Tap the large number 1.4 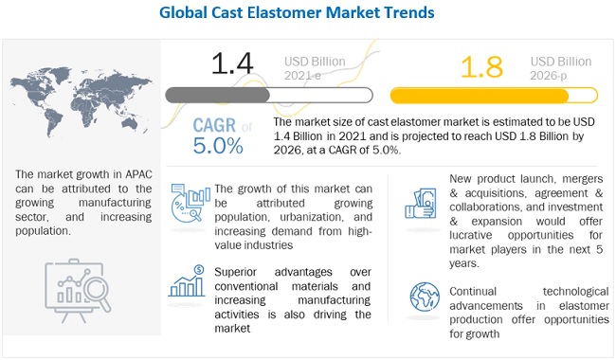click(232, 64)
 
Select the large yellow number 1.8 click(481, 67)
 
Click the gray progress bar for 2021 click(269, 96)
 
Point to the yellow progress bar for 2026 click(494, 96)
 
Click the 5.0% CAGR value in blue click(218, 146)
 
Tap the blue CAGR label click(214, 125)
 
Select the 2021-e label click(302, 75)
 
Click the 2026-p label click(549, 75)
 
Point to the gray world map click(81, 101)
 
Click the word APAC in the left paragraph click(138, 174)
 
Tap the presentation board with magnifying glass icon click(78, 291)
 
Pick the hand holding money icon click(421, 204)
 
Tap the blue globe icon click(425, 297)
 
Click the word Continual click(473, 291)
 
